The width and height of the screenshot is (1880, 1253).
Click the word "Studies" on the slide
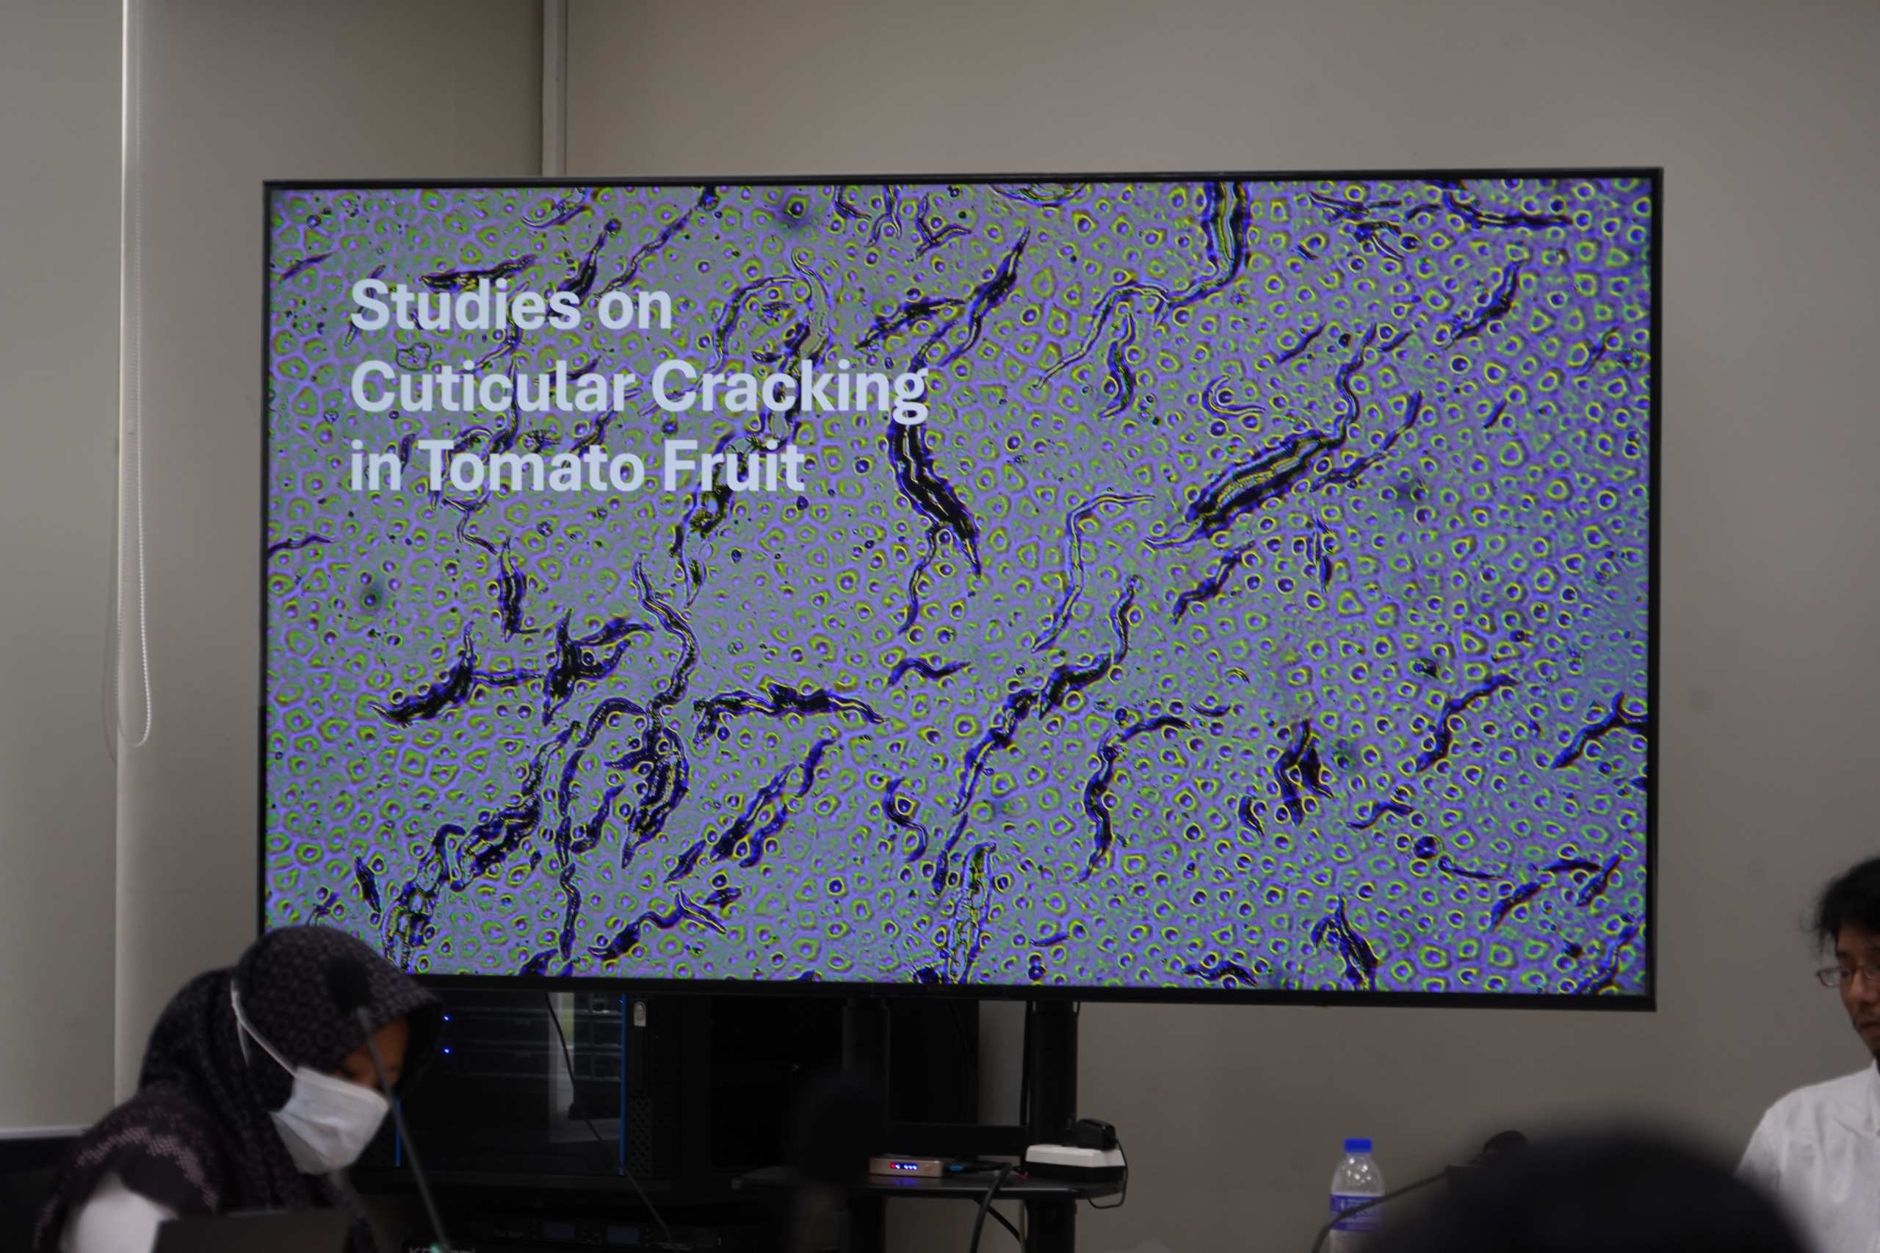[465, 306]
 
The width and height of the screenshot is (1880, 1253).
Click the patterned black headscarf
[239, 1063]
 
